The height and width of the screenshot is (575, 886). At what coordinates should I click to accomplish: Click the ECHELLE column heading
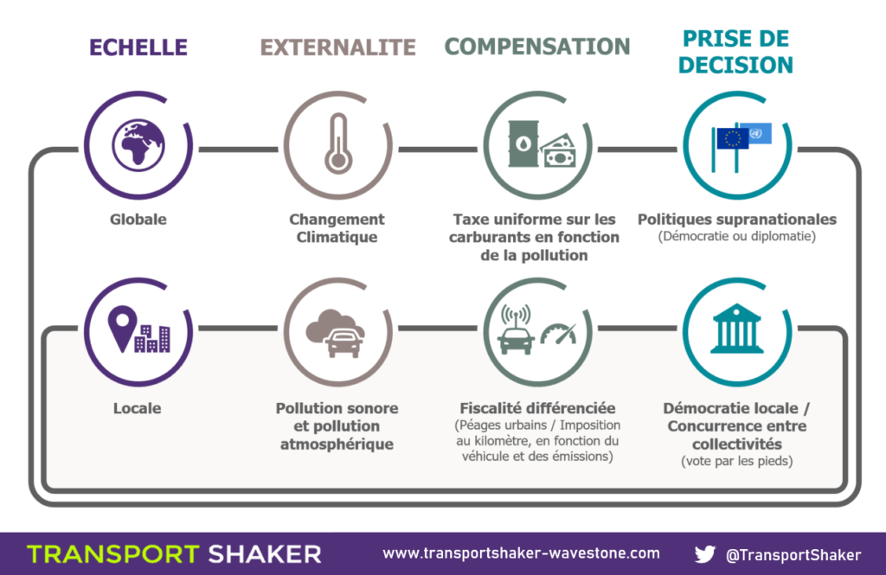[x=138, y=48]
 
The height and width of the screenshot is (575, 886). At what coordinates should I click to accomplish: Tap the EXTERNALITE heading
[x=338, y=48]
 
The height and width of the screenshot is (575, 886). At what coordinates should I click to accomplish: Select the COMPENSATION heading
[x=537, y=47]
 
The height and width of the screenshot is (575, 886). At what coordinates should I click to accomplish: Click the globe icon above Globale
[x=138, y=145]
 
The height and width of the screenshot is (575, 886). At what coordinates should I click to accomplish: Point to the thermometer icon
[x=338, y=144]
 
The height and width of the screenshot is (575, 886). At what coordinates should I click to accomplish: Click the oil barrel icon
[x=523, y=144]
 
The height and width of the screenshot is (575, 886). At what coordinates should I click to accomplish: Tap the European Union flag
[x=732, y=138]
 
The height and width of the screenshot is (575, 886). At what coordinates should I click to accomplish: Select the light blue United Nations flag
[x=756, y=134]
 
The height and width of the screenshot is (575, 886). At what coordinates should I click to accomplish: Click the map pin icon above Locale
[x=123, y=329]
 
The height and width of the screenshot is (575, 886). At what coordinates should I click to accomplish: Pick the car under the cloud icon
[x=343, y=343]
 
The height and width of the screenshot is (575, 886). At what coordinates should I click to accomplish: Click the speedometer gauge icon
[x=559, y=334]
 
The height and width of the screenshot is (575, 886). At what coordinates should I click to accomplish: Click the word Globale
[x=138, y=219]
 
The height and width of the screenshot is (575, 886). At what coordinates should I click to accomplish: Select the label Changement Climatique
[x=337, y=228]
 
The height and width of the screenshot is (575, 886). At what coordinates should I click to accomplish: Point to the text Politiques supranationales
[x=737, y=219]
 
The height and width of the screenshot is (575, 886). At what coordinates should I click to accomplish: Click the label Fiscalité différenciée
[x=537, y=408]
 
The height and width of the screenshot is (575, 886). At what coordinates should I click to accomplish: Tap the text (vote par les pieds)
[x=737, y=461]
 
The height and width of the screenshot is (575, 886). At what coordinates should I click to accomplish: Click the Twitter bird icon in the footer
[x=704, y=554]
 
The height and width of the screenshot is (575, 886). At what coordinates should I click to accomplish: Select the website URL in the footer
[x=521, y=553]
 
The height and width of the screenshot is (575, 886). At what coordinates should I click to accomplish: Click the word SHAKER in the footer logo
[x=265, y=554]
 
